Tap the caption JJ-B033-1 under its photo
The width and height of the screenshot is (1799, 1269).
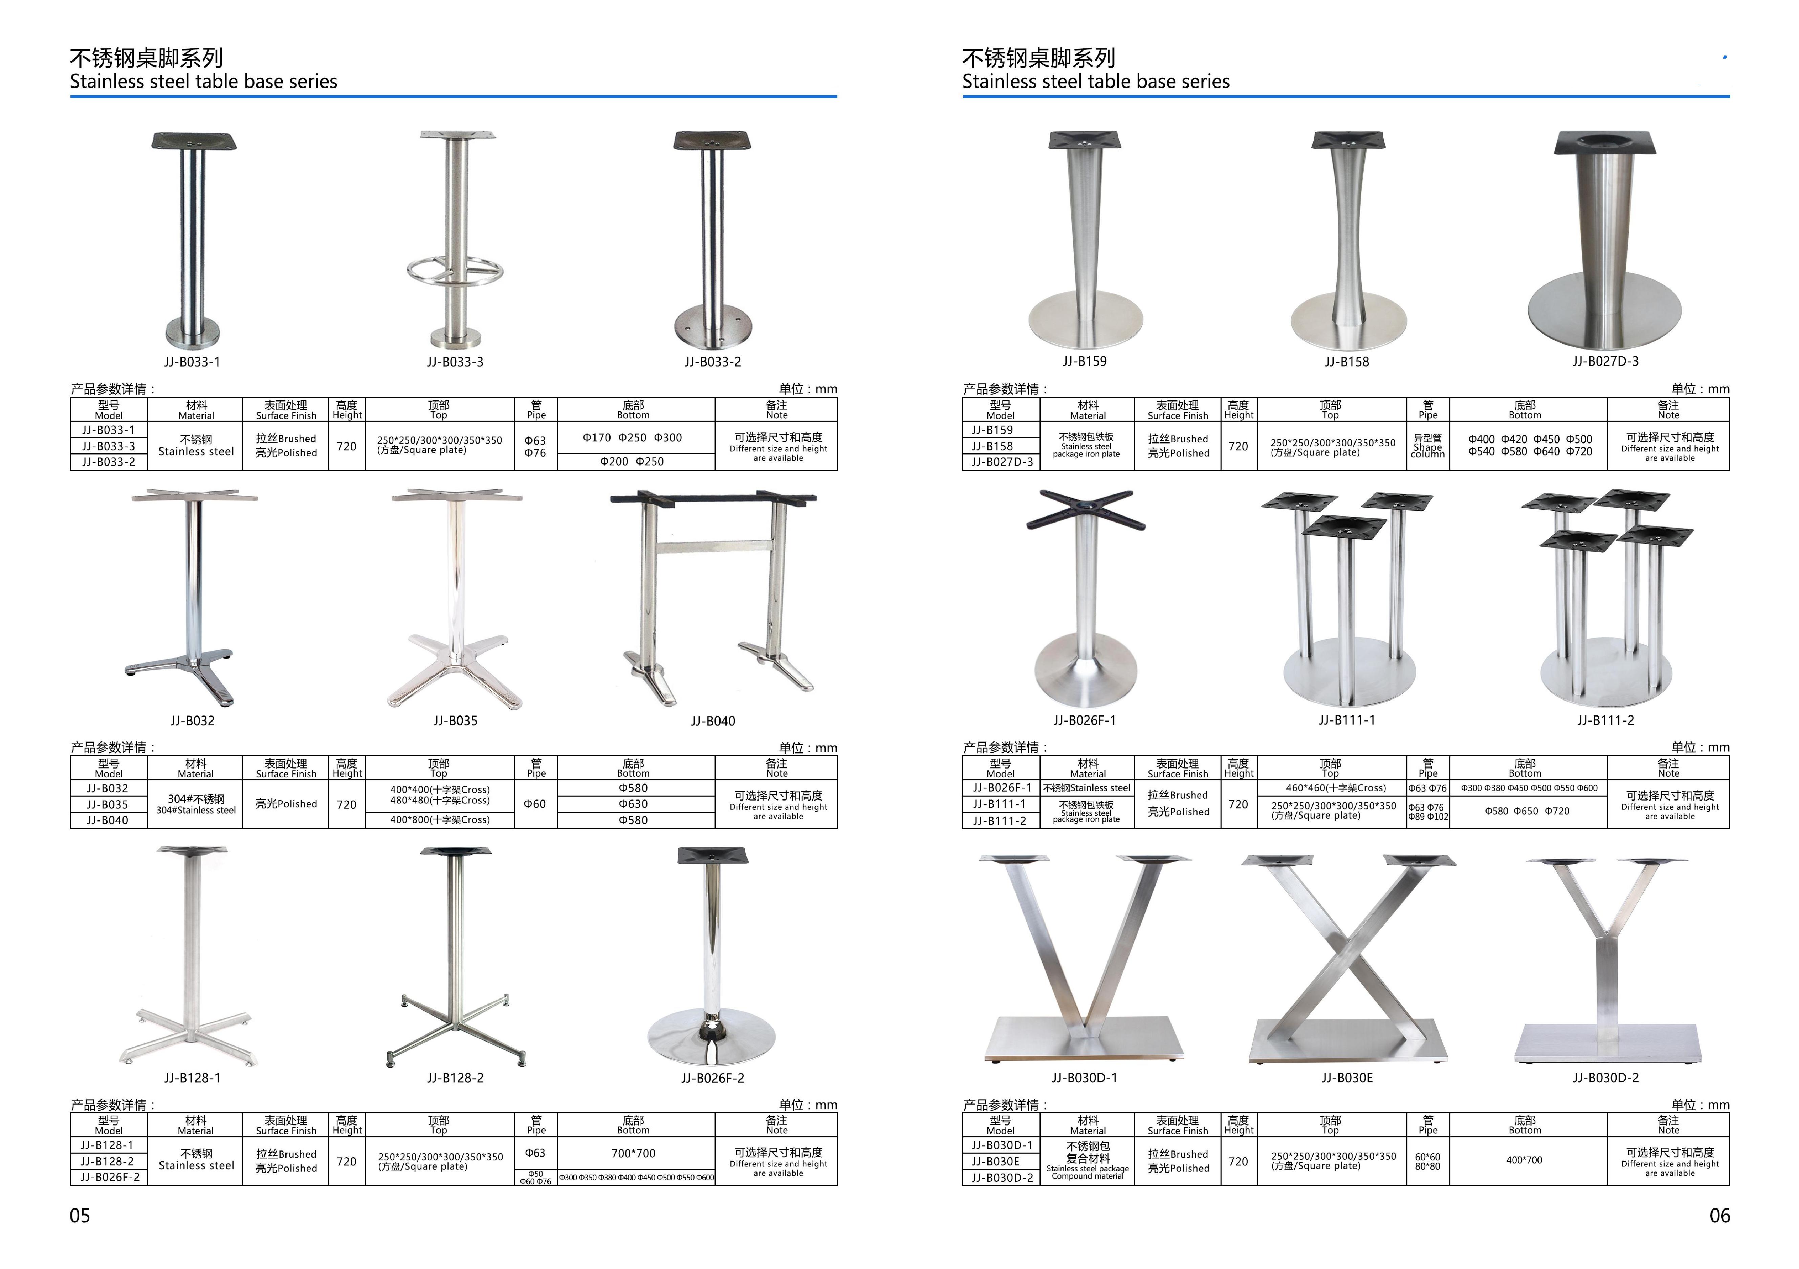point(192,362)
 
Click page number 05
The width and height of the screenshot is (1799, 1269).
point(80,1216)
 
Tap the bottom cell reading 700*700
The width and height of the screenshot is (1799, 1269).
point(633,1153)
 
